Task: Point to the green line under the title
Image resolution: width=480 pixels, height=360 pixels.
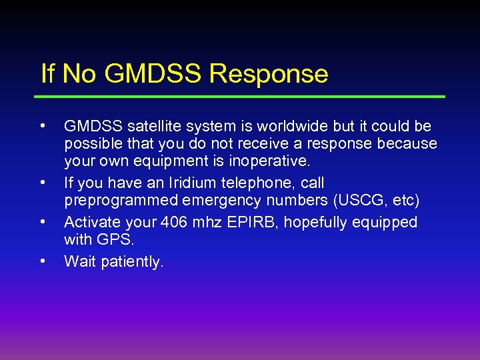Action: (243, 97)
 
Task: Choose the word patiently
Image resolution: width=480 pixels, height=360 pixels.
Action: (134, 262)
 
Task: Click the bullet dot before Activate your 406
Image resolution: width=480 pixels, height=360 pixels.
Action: (43, 220)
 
